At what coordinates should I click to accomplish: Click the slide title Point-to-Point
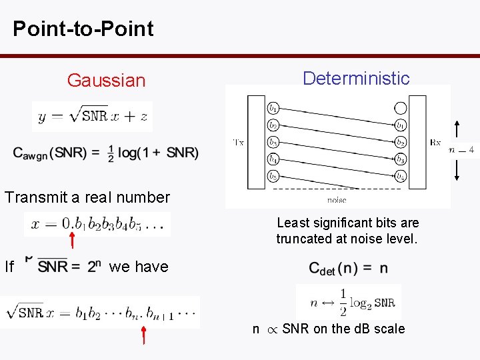[x=83, y=29]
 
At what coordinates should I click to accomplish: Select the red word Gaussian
[x=106, y=81]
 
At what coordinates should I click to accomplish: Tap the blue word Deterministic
[x=356, y=78]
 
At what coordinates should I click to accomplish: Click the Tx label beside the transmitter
[x=239, y=142]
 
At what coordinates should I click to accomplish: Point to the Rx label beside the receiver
[x=435, y=142]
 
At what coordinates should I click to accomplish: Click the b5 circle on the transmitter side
[x=273, y=177]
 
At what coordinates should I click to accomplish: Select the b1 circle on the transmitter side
[x=273, y=107]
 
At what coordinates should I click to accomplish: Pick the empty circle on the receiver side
[x=400, y=107]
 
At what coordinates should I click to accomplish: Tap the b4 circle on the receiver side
[x=400, y=177]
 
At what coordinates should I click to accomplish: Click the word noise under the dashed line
[x=337, y=199]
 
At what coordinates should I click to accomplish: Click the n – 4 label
[x=461, y=150]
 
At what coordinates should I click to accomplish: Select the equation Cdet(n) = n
[x=348, y=269]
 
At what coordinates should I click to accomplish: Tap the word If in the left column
[x=9, y=267]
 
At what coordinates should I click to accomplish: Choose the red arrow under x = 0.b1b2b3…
[x=72, y=237]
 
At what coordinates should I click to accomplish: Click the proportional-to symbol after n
[x=271, y=329]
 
